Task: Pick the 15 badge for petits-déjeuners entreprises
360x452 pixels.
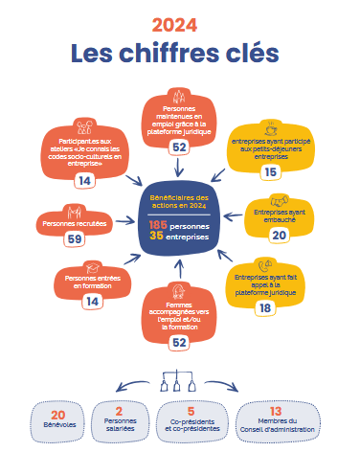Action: tap(269, 171)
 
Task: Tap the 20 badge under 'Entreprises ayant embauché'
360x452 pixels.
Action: tap(279, 235)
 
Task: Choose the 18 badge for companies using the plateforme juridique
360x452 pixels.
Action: tap(264, 307)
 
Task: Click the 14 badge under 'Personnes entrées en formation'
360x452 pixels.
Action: tap(92, 301)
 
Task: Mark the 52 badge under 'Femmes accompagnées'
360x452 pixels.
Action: tap(179, 341)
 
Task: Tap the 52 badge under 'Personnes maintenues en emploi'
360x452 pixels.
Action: tap(179, 147)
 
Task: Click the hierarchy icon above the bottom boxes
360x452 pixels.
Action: tap(180, 379)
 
